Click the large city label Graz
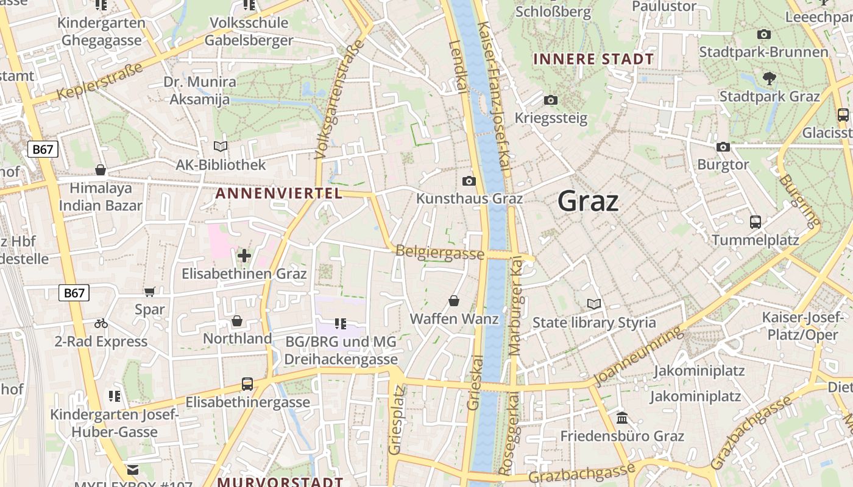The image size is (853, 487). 588,201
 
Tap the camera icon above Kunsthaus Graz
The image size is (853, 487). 469,181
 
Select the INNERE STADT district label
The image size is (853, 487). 593,60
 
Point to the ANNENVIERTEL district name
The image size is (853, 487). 279,194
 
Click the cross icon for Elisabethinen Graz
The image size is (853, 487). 244,256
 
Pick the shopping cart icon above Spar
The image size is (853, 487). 150,292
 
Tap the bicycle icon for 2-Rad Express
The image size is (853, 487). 101,323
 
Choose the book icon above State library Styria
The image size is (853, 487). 593,304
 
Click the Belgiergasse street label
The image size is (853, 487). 440,252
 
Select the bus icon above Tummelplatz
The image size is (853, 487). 756,222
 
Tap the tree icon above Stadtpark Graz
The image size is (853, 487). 770,78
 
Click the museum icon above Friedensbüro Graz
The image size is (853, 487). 622,418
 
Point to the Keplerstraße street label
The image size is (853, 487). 101,82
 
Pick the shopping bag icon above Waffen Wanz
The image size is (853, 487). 454,301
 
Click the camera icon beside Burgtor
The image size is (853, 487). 723,147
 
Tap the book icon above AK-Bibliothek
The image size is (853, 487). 221,146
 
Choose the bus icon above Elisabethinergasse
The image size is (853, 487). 247,384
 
